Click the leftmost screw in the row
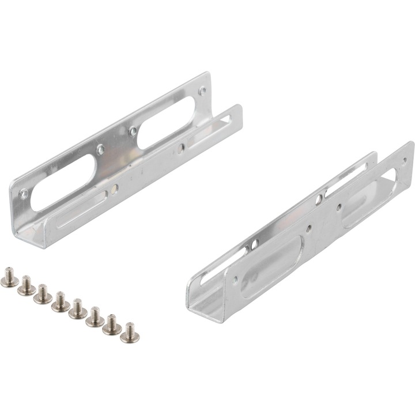click(9, 276)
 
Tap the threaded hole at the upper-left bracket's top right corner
click(202, 90)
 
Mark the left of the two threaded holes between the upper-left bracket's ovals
click(100, 150)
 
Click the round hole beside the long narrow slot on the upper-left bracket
click(115, 187)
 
